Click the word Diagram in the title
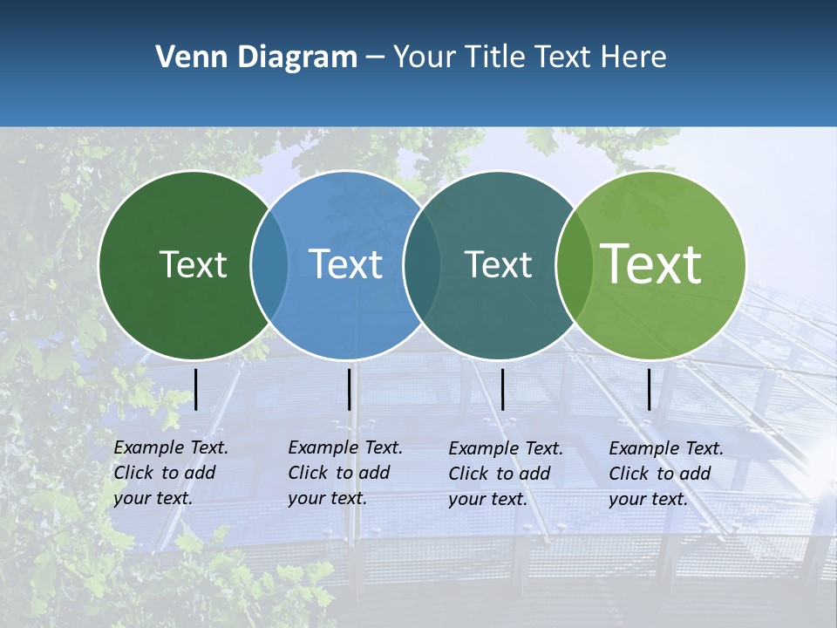click(297, 58)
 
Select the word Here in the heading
click(634, 58)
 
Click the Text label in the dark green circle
click(193, 264)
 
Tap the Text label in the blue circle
click(345, 264)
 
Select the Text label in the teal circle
click(498, 264)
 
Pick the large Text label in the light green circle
click(650, 263)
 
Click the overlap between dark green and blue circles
click(269, 265)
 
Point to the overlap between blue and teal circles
click(422, 265)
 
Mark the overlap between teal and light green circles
click(574, 265)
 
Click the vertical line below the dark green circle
click(196, 389)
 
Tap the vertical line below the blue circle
click(350, 389)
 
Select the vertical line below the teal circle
click(503, 389)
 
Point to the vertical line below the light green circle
click(650, 389)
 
